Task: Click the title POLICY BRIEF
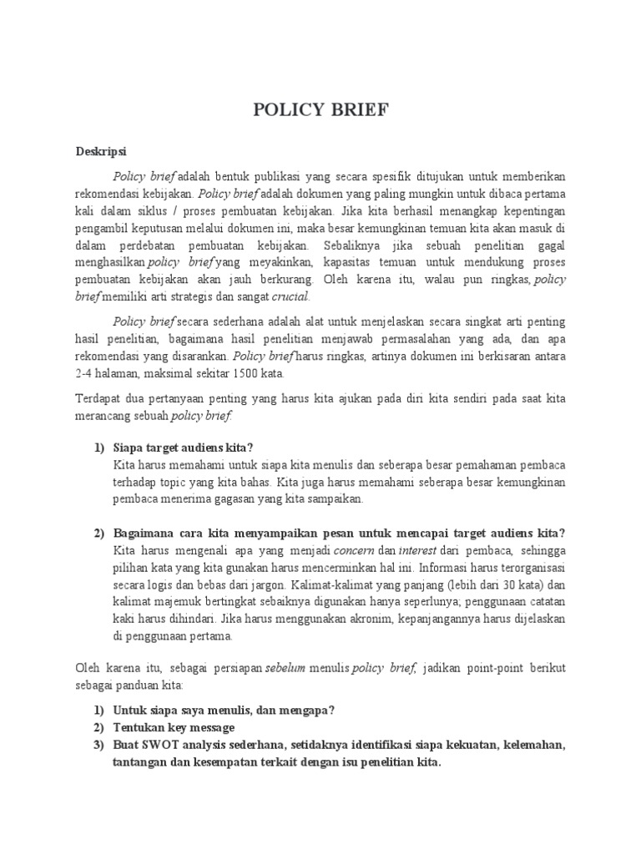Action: (x=320, y=112)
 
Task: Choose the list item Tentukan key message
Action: (x=174, y=726)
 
